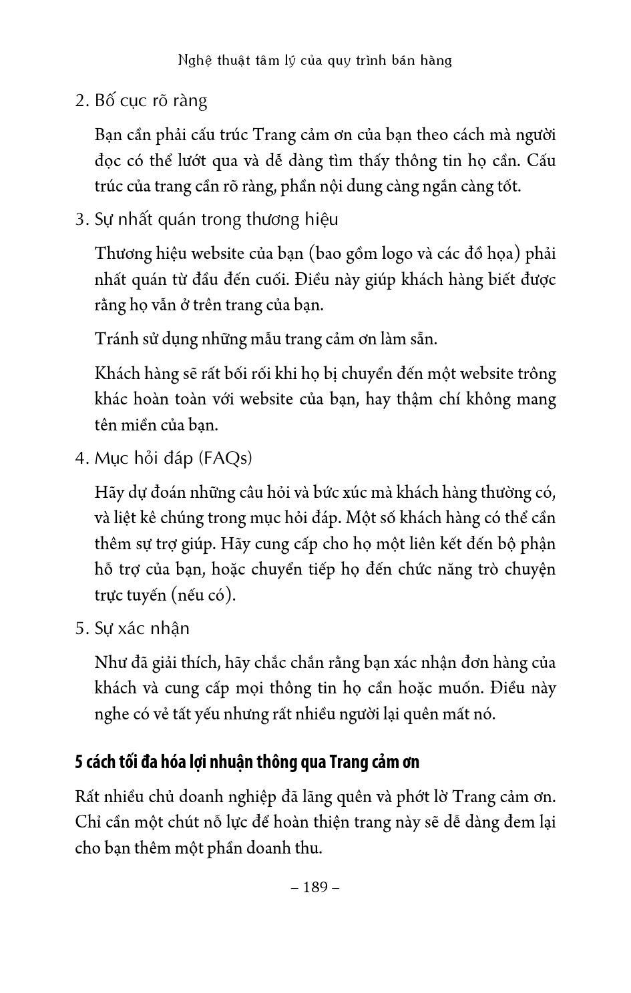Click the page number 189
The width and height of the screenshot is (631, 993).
click(316, 887)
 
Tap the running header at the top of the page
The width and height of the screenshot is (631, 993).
click(315, 60)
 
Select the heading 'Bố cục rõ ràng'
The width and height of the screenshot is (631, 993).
click(151, 101)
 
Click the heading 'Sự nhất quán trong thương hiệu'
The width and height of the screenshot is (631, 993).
click(216, 220)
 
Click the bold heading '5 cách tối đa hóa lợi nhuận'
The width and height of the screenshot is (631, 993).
click(247, 762)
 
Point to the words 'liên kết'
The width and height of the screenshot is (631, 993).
click(443, 544)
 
